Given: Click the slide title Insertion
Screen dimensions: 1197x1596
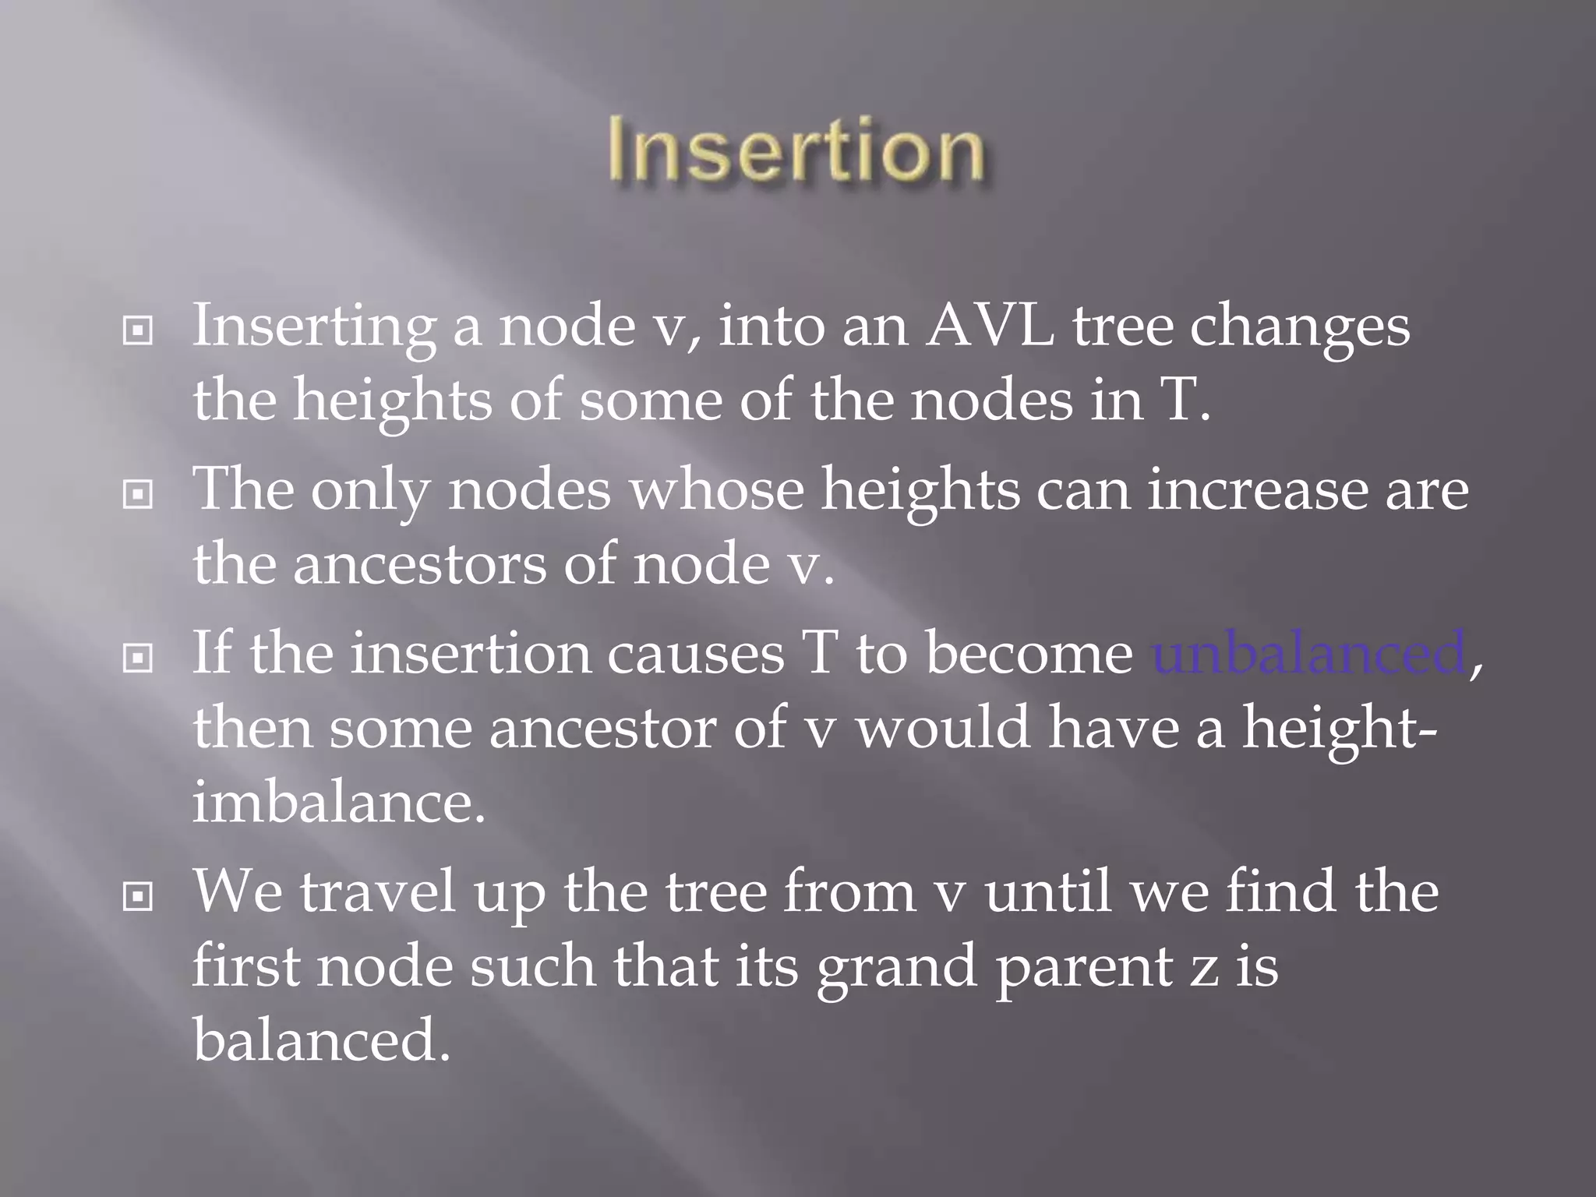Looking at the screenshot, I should tap(796, 150).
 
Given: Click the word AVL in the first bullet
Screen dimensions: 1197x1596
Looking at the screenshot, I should tap(989, 326).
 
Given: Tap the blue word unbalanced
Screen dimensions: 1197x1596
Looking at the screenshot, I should tap(1308, 653).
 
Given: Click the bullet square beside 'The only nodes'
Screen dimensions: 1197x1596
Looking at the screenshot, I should tap(138, 494).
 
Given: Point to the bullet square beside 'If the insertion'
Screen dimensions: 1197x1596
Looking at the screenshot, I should tap(138, 659).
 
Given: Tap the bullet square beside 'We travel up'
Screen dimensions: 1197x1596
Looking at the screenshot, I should tap(138, 897).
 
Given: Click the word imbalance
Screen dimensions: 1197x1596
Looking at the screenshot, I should tap(339, 803).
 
